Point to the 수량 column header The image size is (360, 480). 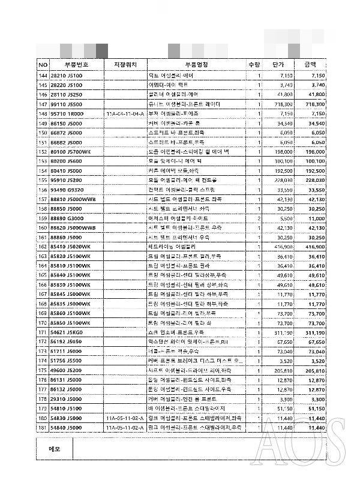254,64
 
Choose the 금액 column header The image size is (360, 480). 310,64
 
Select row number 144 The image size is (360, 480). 43,76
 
